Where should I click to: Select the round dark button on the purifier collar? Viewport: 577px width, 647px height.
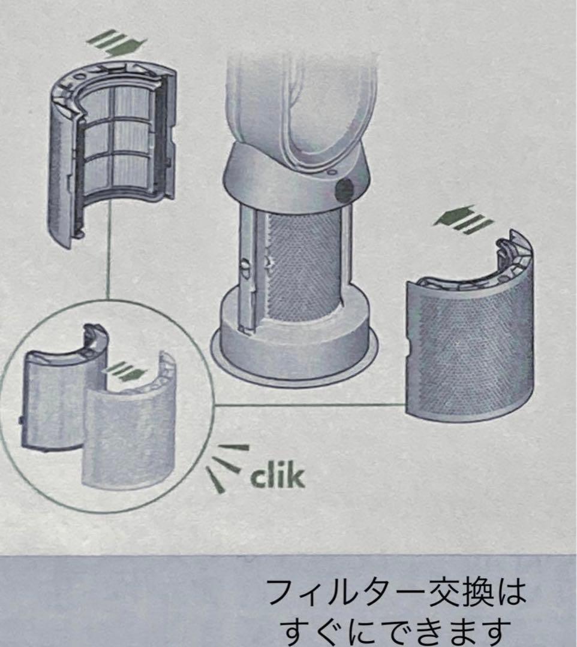tap(344, 191)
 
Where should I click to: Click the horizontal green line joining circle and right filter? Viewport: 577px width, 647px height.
tap(309, 405)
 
